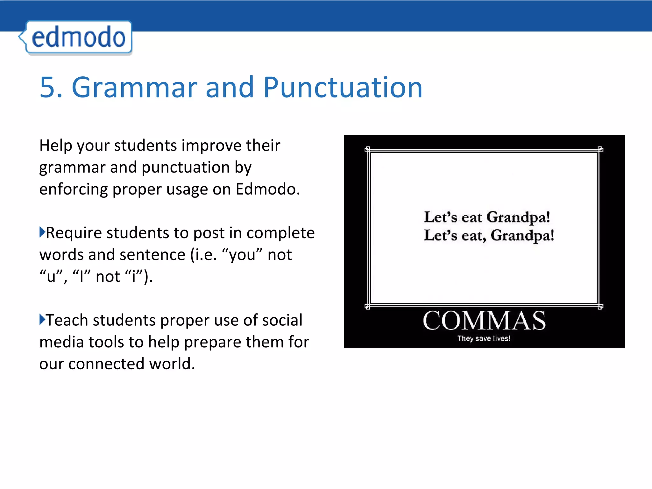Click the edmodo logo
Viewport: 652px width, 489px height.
(x=78, y=38)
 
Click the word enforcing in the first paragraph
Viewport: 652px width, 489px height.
(x=74, y=190)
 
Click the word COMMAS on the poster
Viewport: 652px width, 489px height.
(x=484, y=321)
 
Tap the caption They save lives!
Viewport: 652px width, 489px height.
(x=484, y=338)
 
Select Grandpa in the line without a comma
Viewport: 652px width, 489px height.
(x=518, y=217)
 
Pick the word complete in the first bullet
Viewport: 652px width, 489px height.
(x=280, y=233)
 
